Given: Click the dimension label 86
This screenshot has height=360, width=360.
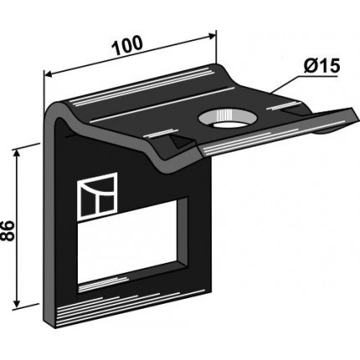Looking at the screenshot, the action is coord(8,230).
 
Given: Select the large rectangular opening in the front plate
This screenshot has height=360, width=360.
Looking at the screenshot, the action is coord(127,246).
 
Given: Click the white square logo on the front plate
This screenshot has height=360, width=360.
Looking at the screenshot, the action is coord(97,196).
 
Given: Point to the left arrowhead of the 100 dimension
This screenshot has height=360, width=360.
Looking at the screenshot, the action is coord(49,75).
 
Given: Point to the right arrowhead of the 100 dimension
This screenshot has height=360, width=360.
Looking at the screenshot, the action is coord(212,35).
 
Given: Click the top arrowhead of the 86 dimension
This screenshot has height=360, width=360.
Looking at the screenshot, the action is coord(17,153).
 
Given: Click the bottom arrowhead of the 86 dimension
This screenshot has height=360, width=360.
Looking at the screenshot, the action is coord(17,304).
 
